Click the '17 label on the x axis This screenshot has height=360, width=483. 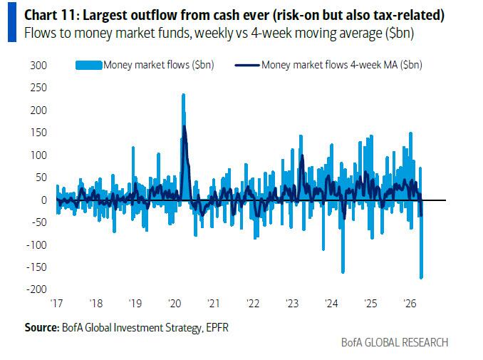(x=57, y=304)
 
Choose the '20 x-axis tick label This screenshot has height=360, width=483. (x=175, y=304)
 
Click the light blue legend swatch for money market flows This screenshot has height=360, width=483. (x=88, y=66)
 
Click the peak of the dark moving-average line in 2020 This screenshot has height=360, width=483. (x=185, y=127)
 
